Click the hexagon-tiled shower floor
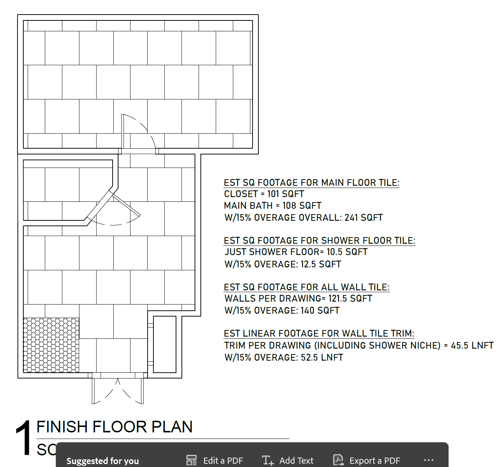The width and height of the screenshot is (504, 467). tap(51, 345)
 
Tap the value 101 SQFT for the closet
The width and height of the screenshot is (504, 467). tap(285, 194)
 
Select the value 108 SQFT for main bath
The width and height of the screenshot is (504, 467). tap(302, 205)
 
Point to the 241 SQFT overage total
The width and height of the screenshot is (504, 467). tap(363, 217)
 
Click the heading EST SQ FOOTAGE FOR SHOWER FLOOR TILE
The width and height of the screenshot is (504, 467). tap(319, 240)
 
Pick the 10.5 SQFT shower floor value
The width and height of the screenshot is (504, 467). tap(347, 252)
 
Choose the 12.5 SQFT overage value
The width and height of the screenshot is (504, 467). tap(321, 264)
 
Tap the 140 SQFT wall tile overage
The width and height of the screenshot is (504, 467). tap(320, 310)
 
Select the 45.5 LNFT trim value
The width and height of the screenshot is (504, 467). tap(472, 345)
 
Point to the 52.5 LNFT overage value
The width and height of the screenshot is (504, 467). tap(322, 358)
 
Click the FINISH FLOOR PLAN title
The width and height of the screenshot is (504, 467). tap(114, 427)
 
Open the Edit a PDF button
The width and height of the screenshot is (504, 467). tap(215, 460)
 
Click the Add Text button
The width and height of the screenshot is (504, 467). tap(288, 460)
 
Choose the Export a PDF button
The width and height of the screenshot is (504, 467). tap(367, 460)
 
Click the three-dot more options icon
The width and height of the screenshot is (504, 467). tap(429, 460)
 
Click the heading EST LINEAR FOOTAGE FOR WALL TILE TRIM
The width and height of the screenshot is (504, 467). tap(319, 333)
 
